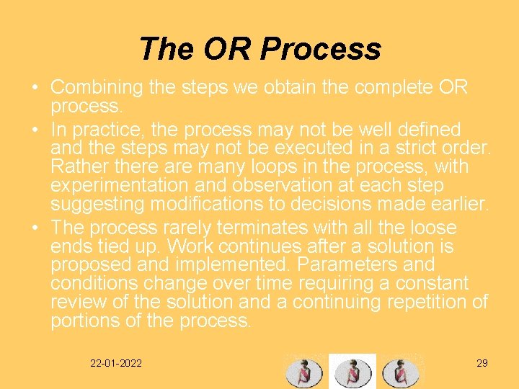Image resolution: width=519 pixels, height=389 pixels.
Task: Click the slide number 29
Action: pyautogui.click(x=482, y=363)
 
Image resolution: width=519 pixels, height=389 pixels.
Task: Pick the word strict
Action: pyautogui.click(x=410, y=148)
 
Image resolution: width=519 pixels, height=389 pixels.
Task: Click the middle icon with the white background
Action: pyautogui.click(x=352, y=372)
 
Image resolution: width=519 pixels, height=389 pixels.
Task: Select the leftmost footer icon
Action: pyautogui.click(x=304, y=372)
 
